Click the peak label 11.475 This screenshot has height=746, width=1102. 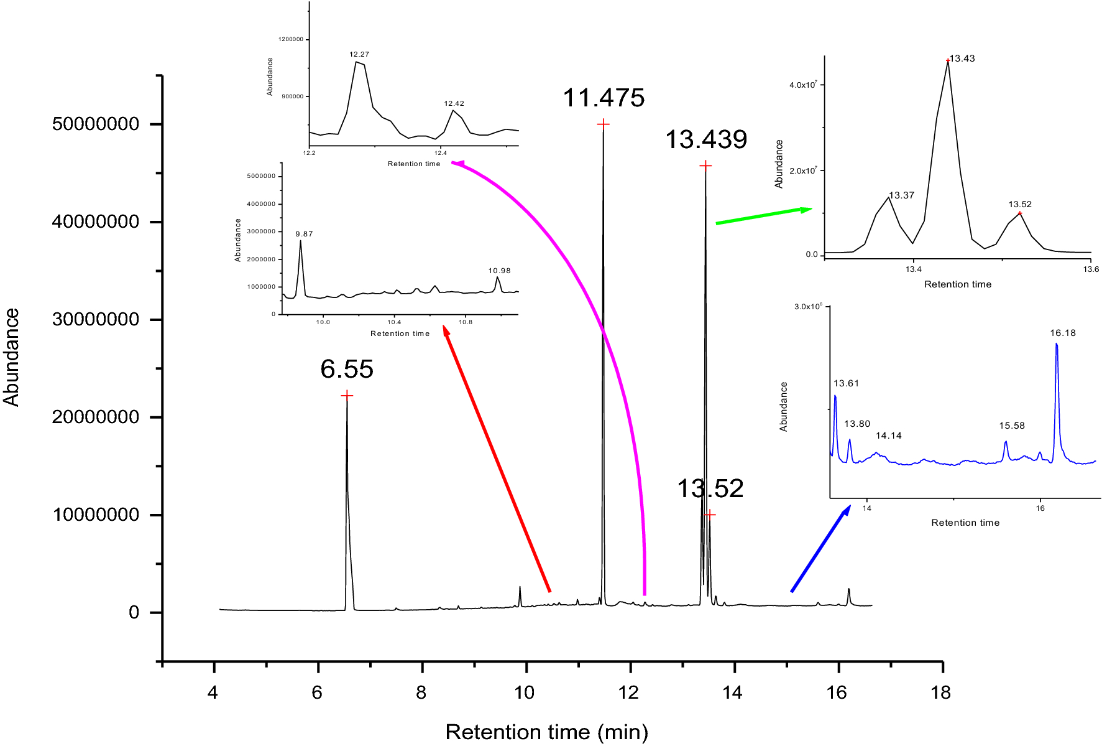(604, 98)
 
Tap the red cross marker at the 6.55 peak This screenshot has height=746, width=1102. (347, 396)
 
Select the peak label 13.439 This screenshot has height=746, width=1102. (706, 140)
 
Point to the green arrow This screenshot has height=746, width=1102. (763, 216)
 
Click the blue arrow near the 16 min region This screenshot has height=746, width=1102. (820, 549)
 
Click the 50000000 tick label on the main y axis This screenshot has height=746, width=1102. (96, 124)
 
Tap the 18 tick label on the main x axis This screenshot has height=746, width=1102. (941, 692)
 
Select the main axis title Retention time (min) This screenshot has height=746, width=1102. (546, 732)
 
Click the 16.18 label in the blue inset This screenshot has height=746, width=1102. (1062, 333)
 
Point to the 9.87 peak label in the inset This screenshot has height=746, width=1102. (304, 234)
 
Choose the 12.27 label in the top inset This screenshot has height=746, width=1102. (359, 55)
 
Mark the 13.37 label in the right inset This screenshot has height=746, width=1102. (901, 195)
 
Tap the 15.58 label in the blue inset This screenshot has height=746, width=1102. (1011, 426)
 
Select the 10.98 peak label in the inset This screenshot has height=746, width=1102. (499, 271)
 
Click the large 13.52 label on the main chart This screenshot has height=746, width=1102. (710, 489)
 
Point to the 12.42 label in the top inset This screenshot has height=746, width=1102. (454, 104)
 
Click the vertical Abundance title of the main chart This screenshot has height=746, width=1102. (11, 357)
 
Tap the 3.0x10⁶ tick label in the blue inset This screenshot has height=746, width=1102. (808, 306)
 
